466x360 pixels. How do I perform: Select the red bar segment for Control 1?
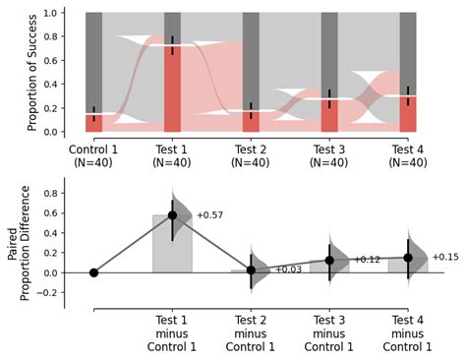pyautogui.click(x=93, y=123)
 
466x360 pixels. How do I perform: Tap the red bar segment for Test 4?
pyautogui.click(x=408, y=114)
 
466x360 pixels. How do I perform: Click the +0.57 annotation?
pyautogui.click(x=209, y=214)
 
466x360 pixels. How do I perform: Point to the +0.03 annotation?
pyautogui.click(x=288, y=269)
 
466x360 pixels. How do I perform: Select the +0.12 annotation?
pyautogui.click(x=367, y=260)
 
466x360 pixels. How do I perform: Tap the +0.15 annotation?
pyautogui.click(x=445, y=257)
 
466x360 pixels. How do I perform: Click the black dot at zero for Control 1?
pyautogui.click(x=93, y=272)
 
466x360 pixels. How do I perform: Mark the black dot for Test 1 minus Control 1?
pyautogui.click(x=172, y=214)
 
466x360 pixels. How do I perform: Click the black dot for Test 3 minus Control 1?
pyautogui.click(x=329, y=261)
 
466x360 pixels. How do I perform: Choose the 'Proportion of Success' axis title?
pyautogui.click(x=32, y=72)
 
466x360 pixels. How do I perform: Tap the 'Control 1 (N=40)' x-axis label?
pyautogui.click(x=93, y=155)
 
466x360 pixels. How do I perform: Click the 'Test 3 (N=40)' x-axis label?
pyautogui.click(x=329, y=155)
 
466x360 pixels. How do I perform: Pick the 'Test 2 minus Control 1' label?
pyautogui.click(x=251, y=332)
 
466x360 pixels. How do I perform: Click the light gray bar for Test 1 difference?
pyautogui.click(x=172, y=246)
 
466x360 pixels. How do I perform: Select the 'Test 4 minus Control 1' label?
pyautogui.click(x=408, y=332)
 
